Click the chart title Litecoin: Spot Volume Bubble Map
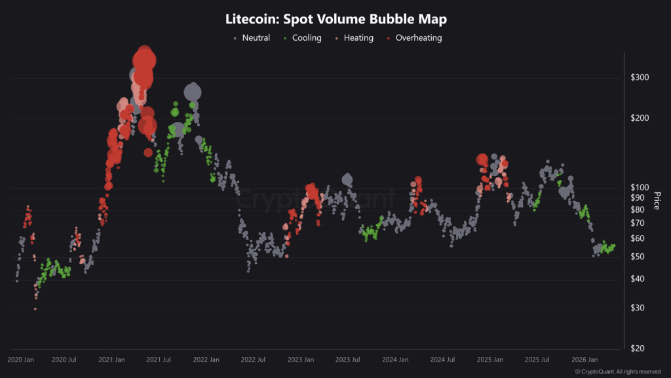click(x=335, y=19)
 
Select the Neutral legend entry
click(x=252, y=38)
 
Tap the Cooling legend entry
click(x=302, y=38)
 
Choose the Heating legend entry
click(x=354, y=38)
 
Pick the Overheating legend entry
click(x=414, y=38)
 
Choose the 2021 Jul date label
click(x=159, y=360)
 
